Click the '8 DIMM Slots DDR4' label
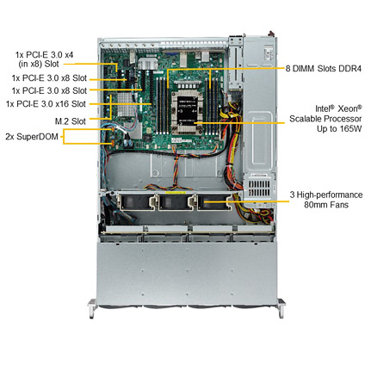pyautogui.click(x=323, y=69)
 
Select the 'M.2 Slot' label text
pyautogui.click(x=71, y=121)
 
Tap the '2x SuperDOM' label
pyautogui.click(x=32, y=137)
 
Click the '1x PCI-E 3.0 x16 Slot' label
pyautogui.click(x=46, y=103)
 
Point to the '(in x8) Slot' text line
pyautogui.click(x=39, y=64)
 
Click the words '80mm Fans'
pyautogui.click(x=326, y=205)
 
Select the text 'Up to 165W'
pyautogui.click(x=339, y=128)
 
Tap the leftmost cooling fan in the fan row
pyautogui.click(x=136, y=201)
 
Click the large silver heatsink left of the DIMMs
pyautogui.click(x=127, y=104)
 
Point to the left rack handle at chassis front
pyautogui.click(x=92, y=308)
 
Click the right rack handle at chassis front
pyautogui.click(x=281, y=308)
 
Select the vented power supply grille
pyautogui.click(x=259, y=188)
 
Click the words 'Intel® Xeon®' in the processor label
pyautogui.click(x=338, y=108)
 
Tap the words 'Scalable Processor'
pyautogui.click(x=325, y=119)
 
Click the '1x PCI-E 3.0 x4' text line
pyautogui.click(x=44, y=54)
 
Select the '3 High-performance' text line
pyautogui.click(x=326, y=195)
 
